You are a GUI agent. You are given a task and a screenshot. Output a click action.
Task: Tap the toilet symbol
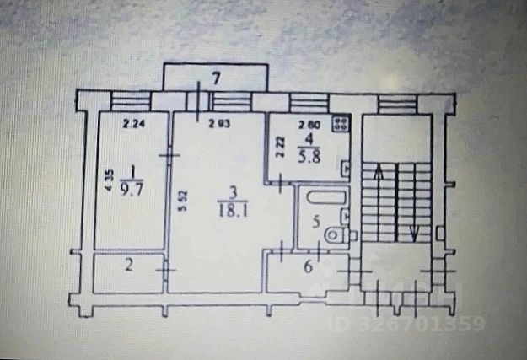338,235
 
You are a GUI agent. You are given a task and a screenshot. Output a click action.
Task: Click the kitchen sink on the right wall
346,168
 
